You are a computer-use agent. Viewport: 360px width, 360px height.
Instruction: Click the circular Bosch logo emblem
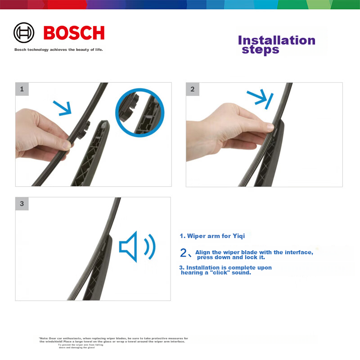click(24, 33)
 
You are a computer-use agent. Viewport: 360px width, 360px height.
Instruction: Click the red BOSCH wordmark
click(74, 33)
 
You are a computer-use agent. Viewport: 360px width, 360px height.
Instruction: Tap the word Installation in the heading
click(276, 40)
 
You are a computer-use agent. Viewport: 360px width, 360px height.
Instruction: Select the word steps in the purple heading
click(260, 50)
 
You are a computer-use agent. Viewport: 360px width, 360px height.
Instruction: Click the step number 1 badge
click(22, 89)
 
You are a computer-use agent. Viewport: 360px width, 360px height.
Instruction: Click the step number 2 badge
click(192, 89)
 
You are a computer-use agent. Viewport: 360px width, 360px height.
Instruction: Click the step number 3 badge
click(22, 203)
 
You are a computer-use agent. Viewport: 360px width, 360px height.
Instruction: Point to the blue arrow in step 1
click(62, 107)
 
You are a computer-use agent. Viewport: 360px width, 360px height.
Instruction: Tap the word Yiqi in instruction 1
click(238, 236)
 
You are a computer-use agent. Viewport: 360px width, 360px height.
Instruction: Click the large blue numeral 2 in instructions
click(183, 253)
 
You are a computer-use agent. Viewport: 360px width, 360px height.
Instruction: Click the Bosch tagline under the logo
click(58, 49)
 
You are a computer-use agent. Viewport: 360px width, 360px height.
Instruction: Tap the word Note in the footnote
click(45, 338)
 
